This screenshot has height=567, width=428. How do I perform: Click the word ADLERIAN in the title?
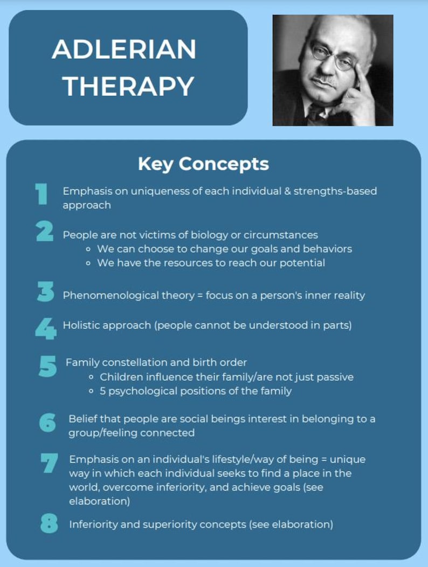coord(124,50)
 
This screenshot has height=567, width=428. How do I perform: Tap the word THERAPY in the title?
coord(124,86)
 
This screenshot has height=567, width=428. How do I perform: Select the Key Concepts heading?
coord(203,164)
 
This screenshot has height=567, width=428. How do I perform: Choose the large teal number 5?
coord(48,366)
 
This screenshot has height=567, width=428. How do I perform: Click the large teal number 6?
coord(48,423)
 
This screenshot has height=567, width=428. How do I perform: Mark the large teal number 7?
coord(50,463)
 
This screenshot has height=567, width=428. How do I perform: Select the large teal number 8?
coord(50,523)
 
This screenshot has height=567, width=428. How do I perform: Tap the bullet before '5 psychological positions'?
coord(92,391)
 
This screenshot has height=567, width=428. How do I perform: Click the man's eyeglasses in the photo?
coord(332,58)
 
